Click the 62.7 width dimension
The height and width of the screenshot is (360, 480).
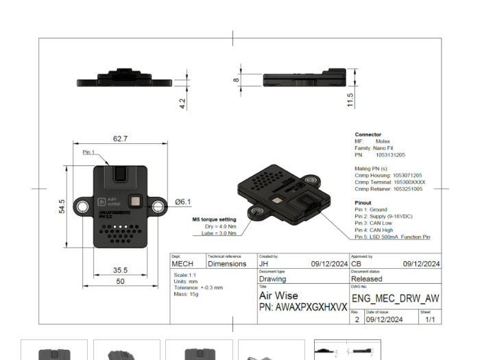tap(120, 139)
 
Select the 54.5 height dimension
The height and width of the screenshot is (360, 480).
tap(62, 206)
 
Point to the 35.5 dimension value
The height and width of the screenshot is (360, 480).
tap(121, 270)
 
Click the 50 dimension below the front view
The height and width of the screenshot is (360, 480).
tap(120, 281)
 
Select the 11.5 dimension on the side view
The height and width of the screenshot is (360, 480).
tap(351, 100)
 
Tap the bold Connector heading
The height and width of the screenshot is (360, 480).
tap(368, 134)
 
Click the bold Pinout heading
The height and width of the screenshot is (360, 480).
tap(363, 204)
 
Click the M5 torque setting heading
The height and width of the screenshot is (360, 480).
tap(214, 219)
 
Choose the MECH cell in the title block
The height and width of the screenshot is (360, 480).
tap(182, 263)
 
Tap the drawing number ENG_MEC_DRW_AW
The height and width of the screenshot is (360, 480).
tap(395, 299)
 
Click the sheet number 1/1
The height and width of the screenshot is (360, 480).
tap(429, 319)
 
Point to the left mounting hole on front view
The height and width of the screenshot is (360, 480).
tap(82, 206)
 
